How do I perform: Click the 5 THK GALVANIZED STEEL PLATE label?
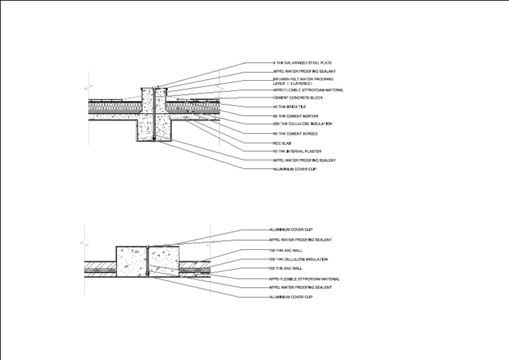pyautogui.click(x=298, y=63)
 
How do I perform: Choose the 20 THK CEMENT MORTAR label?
pyautogui.click(x=291, y=115)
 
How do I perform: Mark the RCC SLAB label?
pyautogui.click(x=282, y=143)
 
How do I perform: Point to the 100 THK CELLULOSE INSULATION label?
pyautogui.click(x=298, y=259)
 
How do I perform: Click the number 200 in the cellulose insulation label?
pyautogui.click(x=276, y=124)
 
